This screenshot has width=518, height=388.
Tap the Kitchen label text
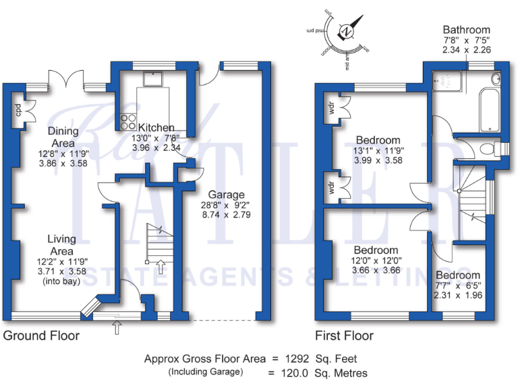156,127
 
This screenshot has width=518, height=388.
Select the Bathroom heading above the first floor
466,30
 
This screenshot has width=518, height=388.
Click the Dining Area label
64,137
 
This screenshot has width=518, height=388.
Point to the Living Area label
61,245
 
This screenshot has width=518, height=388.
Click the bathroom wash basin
497,78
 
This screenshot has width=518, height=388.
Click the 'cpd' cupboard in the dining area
19,110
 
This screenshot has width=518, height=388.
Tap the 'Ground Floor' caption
41,335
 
